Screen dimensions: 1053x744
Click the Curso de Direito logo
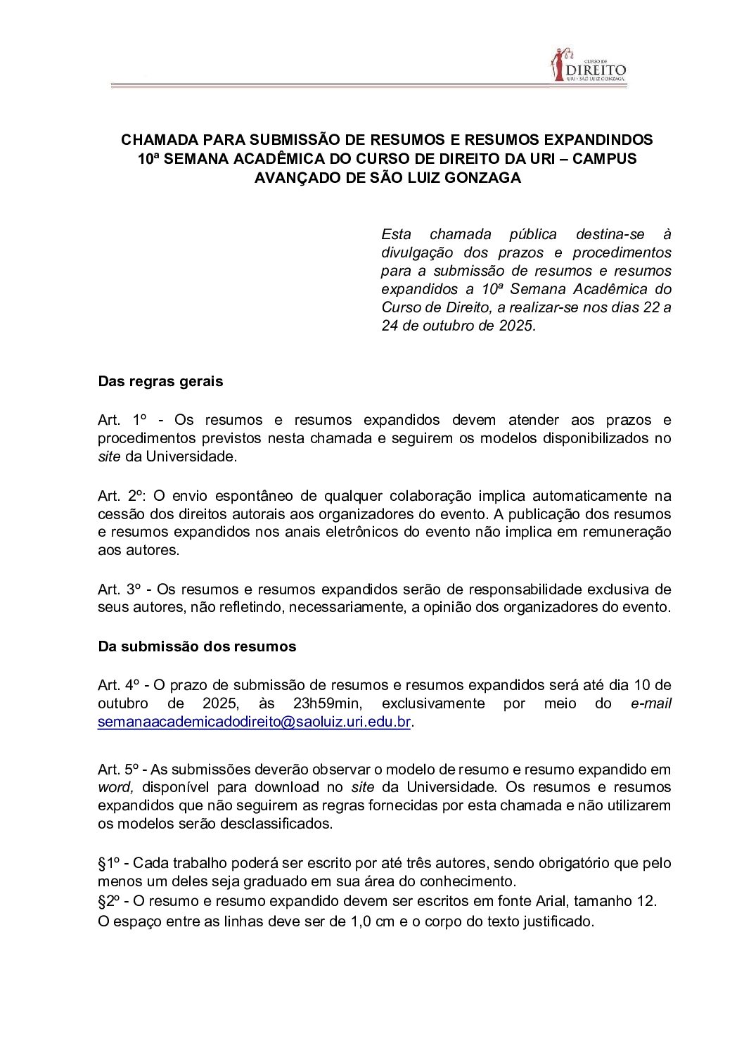pos(588,65)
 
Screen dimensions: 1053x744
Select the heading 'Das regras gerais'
pos(160,382)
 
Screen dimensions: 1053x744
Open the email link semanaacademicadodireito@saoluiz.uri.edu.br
pos(254,722)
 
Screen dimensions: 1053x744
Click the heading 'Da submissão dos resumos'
pos(197,646)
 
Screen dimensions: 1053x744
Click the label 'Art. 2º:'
pos(121,496)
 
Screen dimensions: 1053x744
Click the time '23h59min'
pos(328,703)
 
